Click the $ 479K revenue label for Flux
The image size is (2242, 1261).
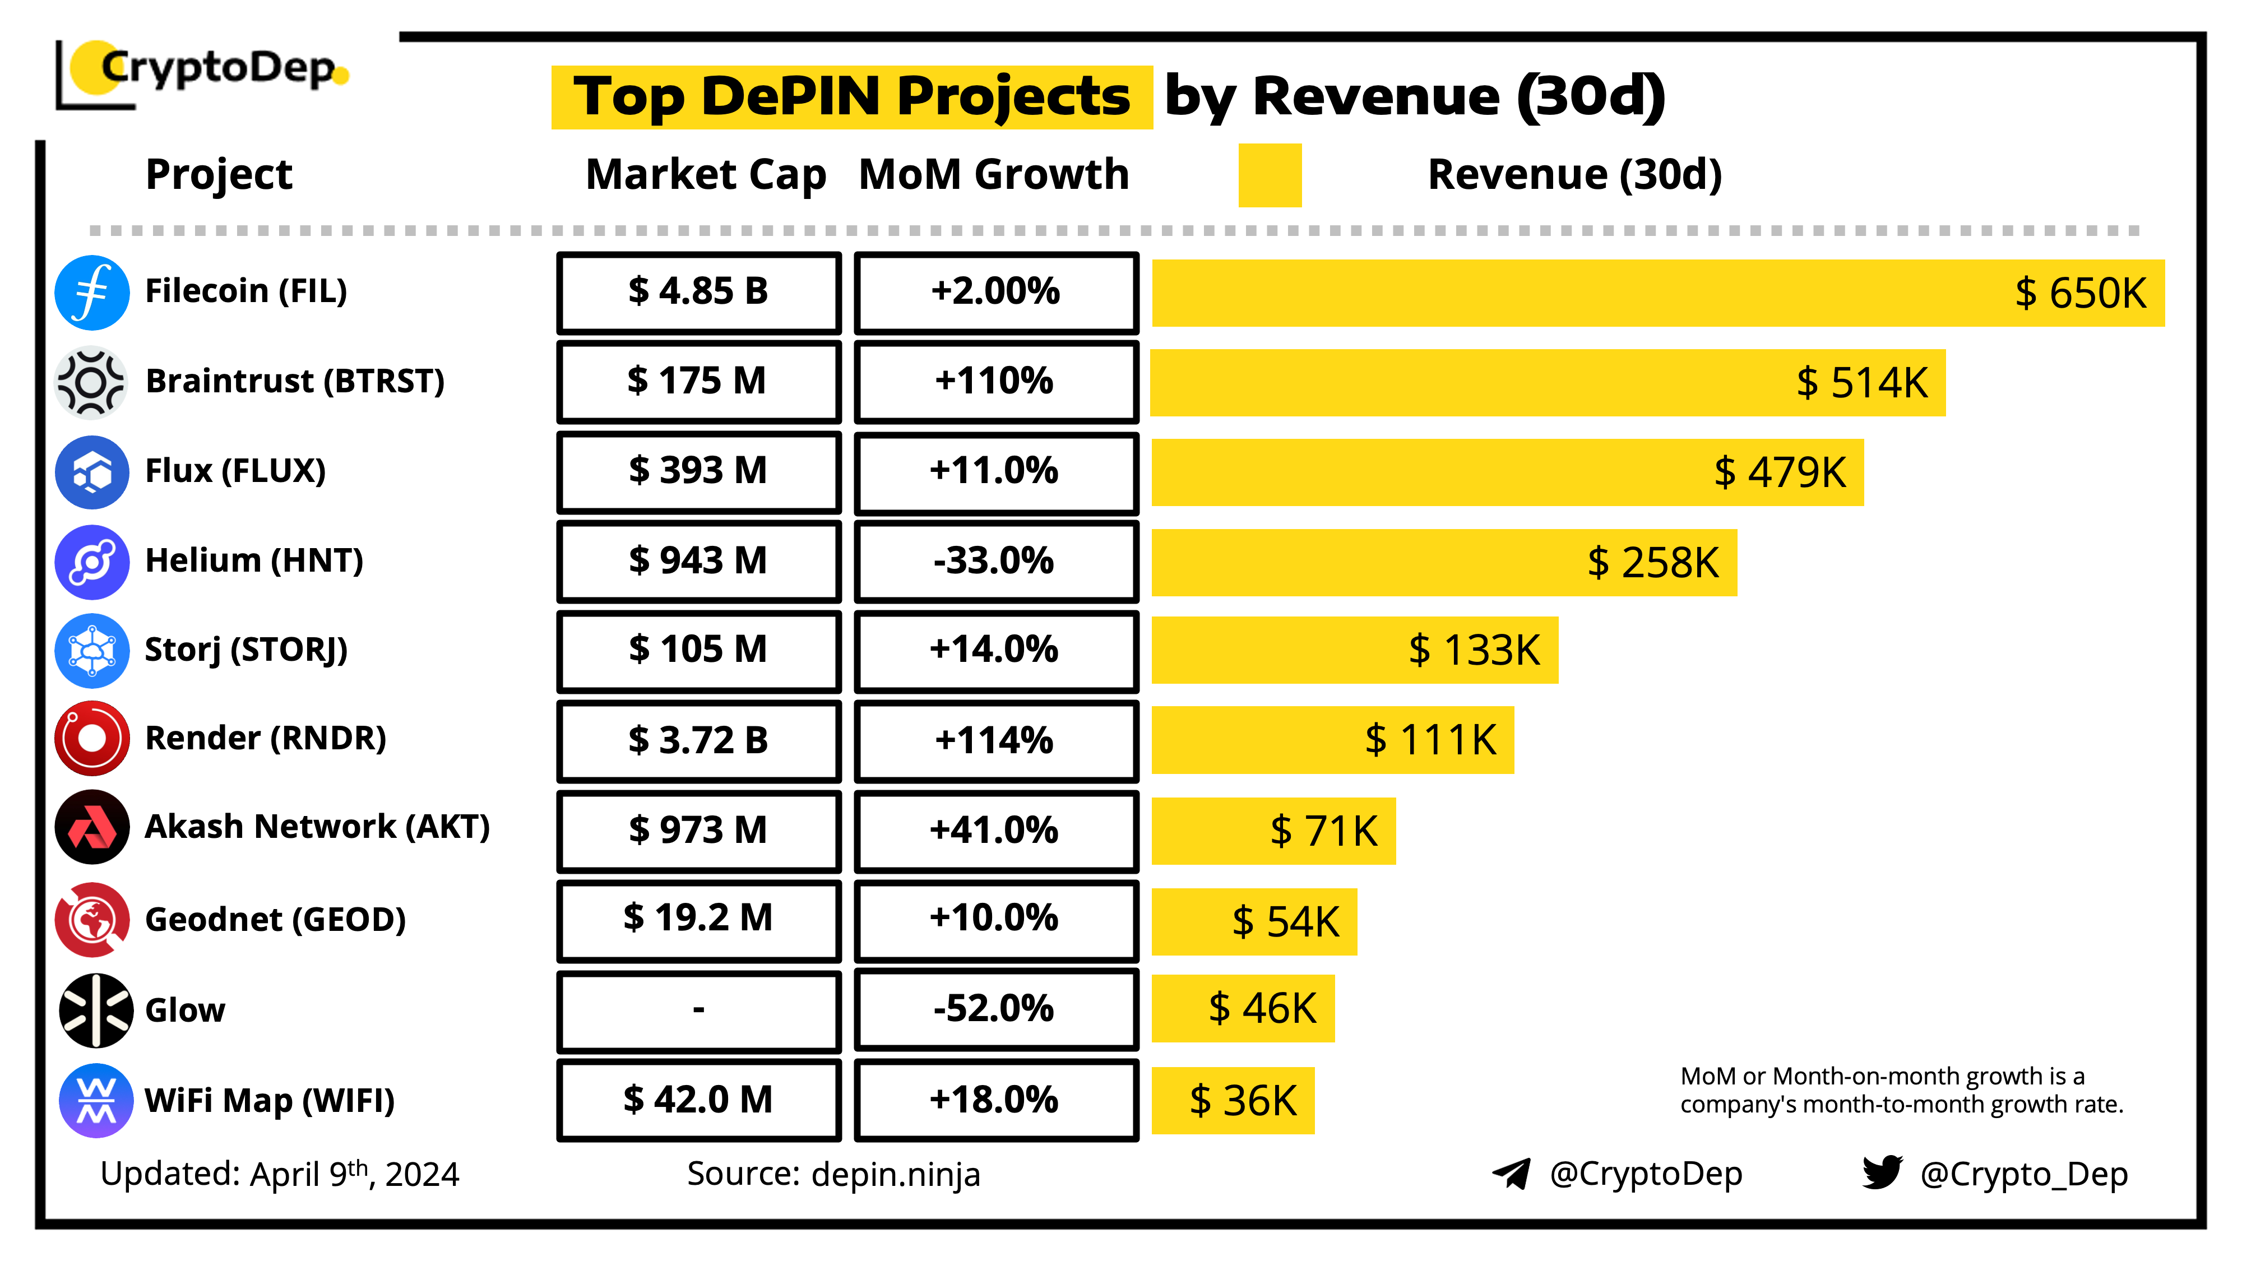[1779, 472]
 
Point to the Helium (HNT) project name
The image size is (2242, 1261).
[254, 560]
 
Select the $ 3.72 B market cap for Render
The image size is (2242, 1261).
[699, 740]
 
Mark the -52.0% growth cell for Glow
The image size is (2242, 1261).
[995, 1009]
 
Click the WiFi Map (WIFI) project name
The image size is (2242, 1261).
[270, 1101]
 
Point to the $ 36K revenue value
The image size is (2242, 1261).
[1243, 1101]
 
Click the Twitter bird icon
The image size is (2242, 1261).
[1882, 1172]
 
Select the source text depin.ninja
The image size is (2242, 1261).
[896, 1175]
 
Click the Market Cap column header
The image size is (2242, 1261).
[706, 174]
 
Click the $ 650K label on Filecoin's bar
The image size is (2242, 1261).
[2080, 293]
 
